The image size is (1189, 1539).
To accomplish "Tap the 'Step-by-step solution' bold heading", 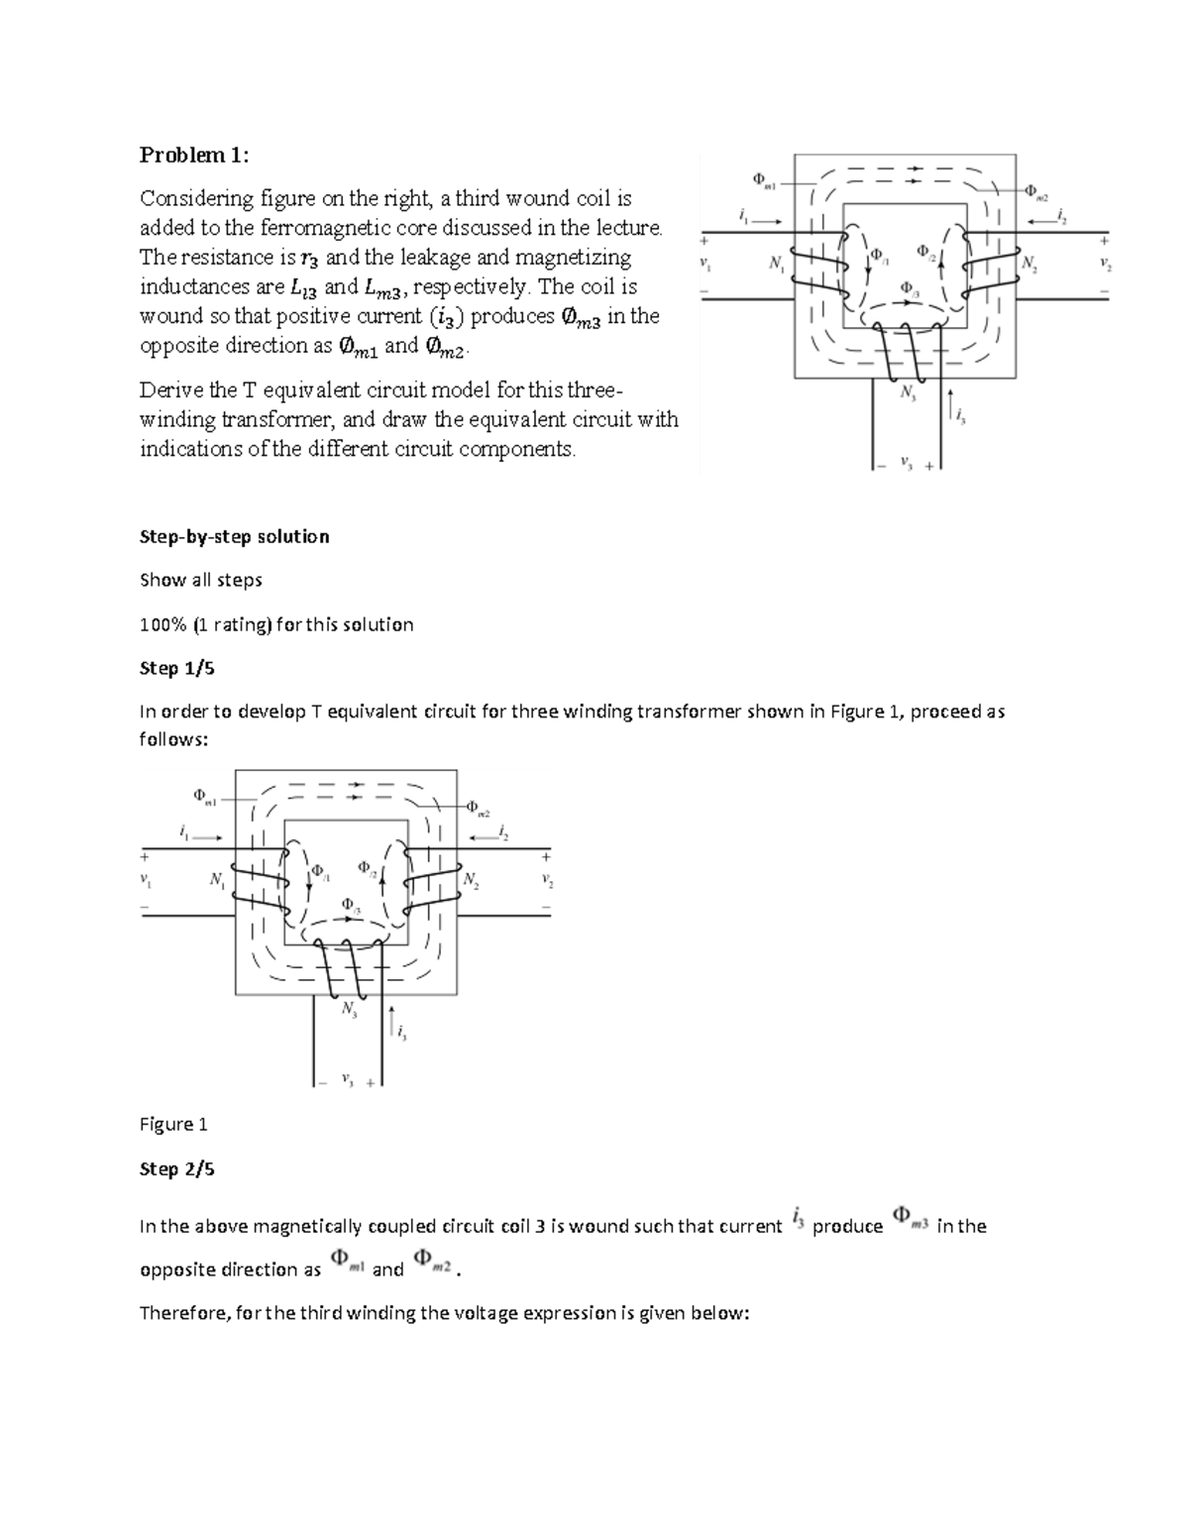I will pos(234,536).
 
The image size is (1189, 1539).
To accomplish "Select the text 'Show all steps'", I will pos(200,580).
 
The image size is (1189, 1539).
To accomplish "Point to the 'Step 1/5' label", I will pos(176,668).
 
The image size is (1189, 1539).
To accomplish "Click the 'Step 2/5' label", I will pos(176,1168).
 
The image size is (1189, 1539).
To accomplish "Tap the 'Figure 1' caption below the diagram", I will pos(173,1124).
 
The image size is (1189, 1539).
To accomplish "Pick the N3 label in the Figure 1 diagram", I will pos(349,1009).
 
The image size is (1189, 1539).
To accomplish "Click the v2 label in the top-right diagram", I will pos(1105,265).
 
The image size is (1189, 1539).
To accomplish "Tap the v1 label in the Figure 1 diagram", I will pos(146,880).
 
